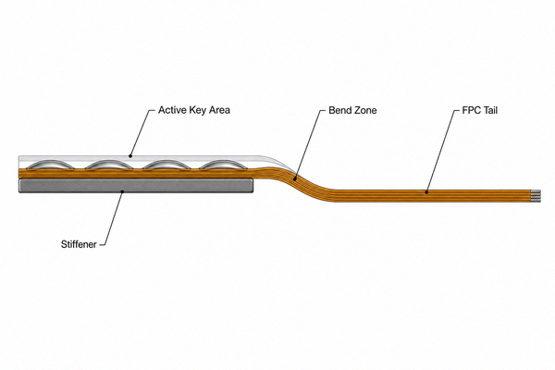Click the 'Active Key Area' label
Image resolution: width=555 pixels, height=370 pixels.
(x=194, y=110)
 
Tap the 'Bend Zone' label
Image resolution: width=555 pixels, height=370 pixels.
(x=352, y=110)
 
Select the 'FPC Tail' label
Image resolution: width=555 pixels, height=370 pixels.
(x=479, y=110)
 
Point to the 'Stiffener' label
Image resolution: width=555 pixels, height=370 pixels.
(x=79, y=244)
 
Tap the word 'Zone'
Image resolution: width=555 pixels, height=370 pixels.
(x=365, y=110)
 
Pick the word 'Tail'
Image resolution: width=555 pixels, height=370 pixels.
(x=489, y=110)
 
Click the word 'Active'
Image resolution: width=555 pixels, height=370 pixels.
(x=172, y=110)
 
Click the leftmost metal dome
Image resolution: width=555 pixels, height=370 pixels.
(x=51, y=165)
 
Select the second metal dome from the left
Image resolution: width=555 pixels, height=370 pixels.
(x=109, y=165)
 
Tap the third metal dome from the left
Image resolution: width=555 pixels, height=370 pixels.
(x=166, y=165)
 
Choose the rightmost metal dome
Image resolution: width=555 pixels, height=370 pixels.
(x=223, y=165)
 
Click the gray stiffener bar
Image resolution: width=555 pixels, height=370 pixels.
(x=136, y=186)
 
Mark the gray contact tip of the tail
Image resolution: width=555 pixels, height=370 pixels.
(x=536, y=196)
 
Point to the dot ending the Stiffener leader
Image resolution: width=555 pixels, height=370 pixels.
(x=122, y=191)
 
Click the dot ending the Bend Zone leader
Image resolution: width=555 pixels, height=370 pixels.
(x=295, y=179)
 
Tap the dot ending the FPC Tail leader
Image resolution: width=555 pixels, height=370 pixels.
(x=426, y=192)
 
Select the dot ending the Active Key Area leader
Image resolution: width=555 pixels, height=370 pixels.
(x=130, y=155)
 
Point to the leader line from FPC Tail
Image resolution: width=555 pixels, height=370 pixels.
(x=440, y=151)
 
